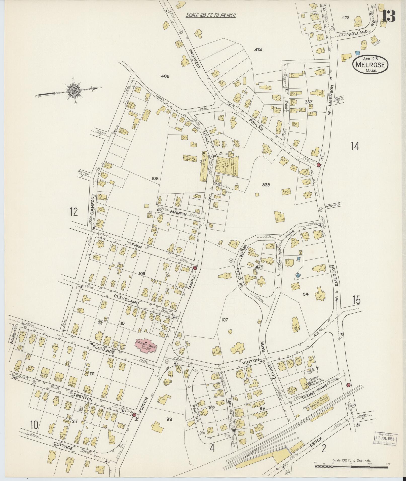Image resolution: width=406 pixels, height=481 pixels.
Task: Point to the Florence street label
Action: (x=103, y=351)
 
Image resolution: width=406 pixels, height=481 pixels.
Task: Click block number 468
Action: (x=165, y=76)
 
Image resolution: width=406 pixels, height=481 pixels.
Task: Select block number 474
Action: (x=258, y=50)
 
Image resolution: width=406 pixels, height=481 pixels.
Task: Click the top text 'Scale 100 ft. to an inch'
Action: (x=211, y=15)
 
